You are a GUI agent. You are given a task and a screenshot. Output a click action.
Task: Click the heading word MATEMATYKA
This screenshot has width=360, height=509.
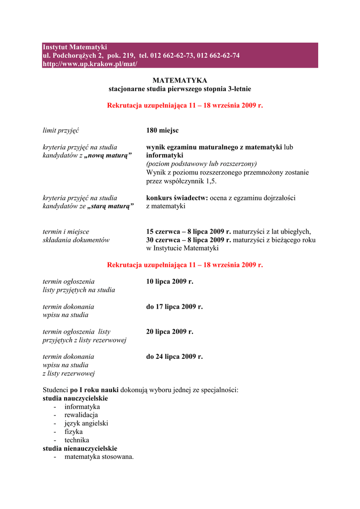click(180, 81)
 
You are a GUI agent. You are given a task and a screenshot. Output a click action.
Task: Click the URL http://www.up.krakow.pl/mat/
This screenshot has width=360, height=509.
click(90, 64)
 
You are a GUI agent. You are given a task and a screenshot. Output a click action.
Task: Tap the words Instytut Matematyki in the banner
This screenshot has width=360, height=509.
click(75, 47)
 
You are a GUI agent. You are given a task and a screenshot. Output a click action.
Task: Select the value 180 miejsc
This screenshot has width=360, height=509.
click(163, 130)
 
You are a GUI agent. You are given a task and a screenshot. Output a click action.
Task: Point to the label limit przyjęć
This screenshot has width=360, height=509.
click(61, 130)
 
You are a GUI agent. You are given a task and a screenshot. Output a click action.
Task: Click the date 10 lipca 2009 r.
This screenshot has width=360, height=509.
click(170, 281)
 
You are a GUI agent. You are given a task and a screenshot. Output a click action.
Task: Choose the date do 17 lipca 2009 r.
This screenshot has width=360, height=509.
click(175, 307)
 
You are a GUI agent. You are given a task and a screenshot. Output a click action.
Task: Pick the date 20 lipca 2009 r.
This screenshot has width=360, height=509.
click(170, 332)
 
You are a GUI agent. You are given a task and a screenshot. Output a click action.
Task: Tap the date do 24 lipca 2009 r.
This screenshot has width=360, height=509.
click(175, 356)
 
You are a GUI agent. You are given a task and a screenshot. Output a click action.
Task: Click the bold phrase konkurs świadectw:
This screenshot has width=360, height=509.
click(177, 198)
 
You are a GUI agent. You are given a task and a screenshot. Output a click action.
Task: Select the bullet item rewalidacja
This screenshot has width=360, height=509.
click(81, 415)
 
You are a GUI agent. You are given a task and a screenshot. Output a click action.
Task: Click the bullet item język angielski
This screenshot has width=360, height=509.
click(86, 423)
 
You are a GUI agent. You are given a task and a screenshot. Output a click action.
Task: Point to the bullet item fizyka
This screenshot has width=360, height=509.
click(74, 431)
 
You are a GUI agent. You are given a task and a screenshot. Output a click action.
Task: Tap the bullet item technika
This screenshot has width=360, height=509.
click(77, 440)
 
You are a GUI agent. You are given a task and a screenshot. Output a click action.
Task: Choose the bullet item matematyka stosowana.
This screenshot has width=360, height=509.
click(99, 457)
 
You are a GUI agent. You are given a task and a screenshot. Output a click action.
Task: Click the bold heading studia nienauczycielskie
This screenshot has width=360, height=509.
click(80, 448)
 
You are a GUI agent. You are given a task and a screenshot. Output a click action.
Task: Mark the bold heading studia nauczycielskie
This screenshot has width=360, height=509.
click(76, 398)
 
